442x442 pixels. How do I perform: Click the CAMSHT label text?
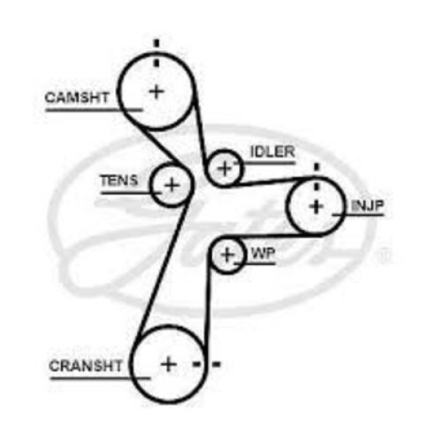coord(77,97)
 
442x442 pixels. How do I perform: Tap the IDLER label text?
coord(272,152)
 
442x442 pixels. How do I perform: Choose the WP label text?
coord(263,253)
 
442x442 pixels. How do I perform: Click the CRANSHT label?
coord(86,365)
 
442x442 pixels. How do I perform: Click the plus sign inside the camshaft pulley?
coord(156,91)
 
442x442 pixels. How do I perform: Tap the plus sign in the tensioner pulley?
coord(171,184)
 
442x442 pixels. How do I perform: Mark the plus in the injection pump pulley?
coord(316,206)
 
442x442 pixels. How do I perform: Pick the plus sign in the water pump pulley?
coord(228,255)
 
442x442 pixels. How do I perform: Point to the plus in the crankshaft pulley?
coord(169,364)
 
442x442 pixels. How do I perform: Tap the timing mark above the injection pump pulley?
coord(316,168)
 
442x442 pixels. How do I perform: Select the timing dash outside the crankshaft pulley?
coord(216,364)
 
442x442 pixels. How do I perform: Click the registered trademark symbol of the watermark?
coord(383,257)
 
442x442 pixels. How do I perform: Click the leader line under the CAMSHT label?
coord(92,110)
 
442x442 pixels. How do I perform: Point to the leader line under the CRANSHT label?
coord(99,378)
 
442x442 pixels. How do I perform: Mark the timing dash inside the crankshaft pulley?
coord(197,364)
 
